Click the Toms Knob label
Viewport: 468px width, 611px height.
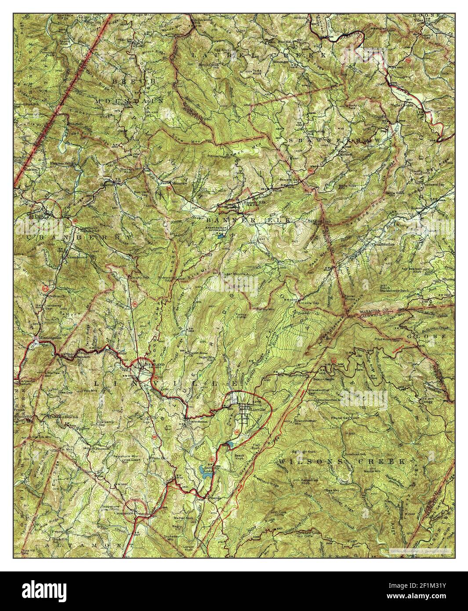pos(268,72)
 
